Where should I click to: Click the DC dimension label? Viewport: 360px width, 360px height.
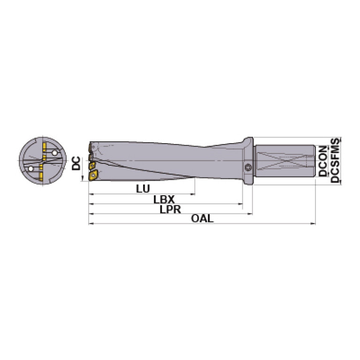coord(76,163)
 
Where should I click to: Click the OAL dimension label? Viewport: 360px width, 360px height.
coord(202,219)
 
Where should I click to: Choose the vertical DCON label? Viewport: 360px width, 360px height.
coord(322,161)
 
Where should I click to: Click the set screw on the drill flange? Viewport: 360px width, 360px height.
coord(248,168)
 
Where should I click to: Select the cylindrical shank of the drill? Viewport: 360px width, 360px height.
coord(284,161)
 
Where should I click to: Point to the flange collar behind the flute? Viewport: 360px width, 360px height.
coord(249,160)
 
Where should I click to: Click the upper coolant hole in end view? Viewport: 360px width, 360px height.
coord(55,153)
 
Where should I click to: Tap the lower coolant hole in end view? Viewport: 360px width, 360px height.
coord(31,169)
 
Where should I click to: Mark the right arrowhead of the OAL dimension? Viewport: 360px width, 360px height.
coord(313,223)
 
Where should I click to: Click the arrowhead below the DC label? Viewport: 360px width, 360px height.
coord(83,178)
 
